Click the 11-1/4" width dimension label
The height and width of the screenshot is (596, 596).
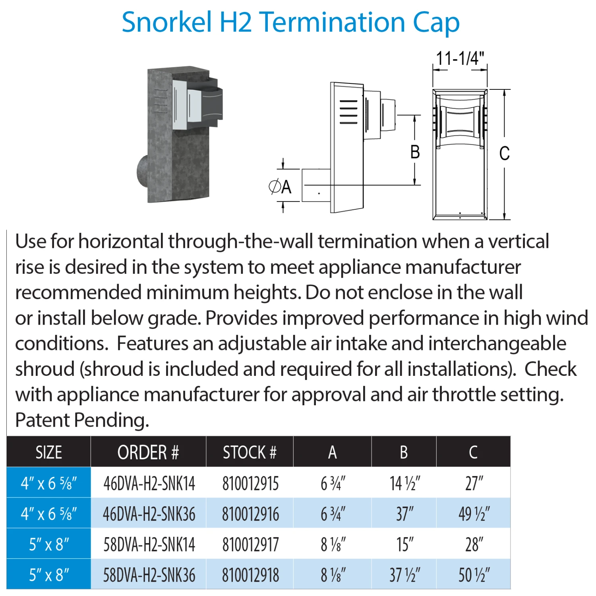pyautogui.click(x=460, y=58)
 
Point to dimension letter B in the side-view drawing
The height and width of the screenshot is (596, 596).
pyautogui.click(x=415, y=152)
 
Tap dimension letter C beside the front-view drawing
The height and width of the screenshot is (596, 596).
pyautogui.click(x=504, y=153)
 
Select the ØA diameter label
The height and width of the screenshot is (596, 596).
pyautogui.click(x=280, y=187)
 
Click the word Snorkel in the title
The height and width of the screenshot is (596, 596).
pyautogui.click(x=166, y=22)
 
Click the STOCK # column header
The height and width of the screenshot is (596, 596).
pyautogui.click(x=250, y=452)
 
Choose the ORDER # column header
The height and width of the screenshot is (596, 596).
pyautogui.click(x=148, y=452)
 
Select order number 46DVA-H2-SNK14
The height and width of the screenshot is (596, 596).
pyautogui.click(x=149, y=484)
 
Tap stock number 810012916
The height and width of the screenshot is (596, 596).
pyautogui.click(x=250, y=514)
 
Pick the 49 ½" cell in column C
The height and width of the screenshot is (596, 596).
pyautogui.click(x=474, y=514)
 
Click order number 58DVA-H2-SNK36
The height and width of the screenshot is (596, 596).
pyautogui.click(x=149, y=575)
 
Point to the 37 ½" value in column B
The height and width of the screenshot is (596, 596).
pyautogui.click(x=404, y=575)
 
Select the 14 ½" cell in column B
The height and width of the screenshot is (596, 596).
pyautogui.click(x=404, y=484)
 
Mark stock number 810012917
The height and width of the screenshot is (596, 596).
pyautogui.click(x=250, y=544)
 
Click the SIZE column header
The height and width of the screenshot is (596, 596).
pyautogui.click(x=49, y=452)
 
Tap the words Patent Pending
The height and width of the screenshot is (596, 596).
pyautogui.click(x=82, y=420)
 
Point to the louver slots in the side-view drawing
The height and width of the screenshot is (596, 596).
pyautogui.click(x=348, y=112)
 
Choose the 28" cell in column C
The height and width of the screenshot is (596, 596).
pyautogui.click(x=474, y=544)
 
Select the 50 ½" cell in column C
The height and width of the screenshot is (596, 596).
pyautogui.click(x=474, y=575)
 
